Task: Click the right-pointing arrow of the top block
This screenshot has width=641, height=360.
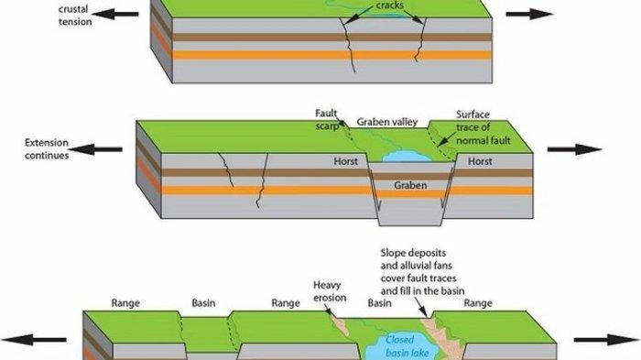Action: point(529,14)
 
